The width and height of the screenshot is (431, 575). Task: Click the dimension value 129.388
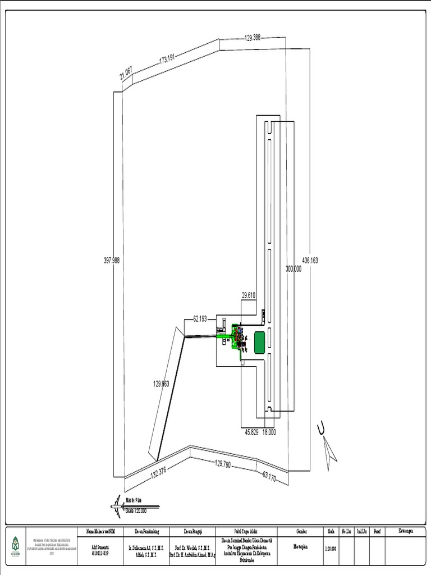[253, 38]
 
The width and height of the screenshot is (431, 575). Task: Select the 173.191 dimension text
[168, 58]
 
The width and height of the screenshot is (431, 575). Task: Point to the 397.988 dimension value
[112, 261]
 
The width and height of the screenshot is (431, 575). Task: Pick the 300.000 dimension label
[294, 269]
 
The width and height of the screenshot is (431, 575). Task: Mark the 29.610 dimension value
[249, 295]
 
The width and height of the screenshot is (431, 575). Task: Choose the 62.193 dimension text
[200, 319]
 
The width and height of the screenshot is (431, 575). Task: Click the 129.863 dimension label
[161, 384]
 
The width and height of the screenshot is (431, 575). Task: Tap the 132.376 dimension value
[158, 472]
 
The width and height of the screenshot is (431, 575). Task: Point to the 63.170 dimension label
[269, 477]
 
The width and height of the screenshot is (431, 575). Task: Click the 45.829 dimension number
[251, 432]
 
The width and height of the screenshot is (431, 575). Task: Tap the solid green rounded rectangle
[259, 342]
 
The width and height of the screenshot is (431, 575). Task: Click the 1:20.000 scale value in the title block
[330, 549]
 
